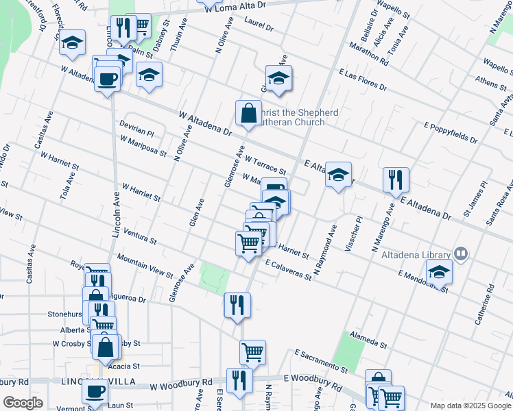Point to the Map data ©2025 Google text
point(470,405)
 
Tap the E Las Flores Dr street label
point(362,80)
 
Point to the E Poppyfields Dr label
point(451,133)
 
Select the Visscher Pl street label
point(357,235)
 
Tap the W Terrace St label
point(265,164)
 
